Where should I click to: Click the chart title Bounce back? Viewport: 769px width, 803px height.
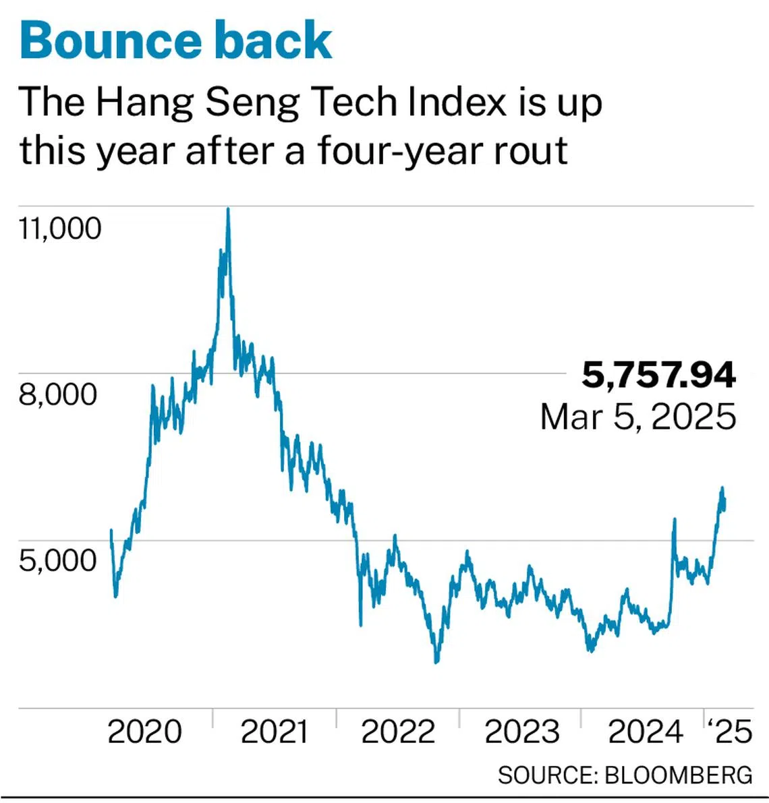[176, 40]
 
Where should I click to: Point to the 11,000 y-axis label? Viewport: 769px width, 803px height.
[60, 229]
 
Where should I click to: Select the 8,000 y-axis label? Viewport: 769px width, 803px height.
[58, 394]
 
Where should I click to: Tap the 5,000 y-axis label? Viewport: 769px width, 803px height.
[58, 560]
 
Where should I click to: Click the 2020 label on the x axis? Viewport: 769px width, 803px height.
[144, 732]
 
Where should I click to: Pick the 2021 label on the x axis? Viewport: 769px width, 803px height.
[274, 732]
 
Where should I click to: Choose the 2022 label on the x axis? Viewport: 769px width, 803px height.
[398, 732]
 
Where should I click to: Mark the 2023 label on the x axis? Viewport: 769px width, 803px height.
[521, 732]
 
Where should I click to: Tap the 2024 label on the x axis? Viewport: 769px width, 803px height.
[645, 732]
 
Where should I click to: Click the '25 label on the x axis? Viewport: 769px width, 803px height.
[729, 732]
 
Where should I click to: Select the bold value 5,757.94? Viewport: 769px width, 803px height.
[658, 375]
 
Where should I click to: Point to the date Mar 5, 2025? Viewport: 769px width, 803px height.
[637, 416]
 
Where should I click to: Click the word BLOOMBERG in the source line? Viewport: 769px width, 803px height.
[678, 775]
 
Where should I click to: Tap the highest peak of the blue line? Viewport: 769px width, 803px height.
[228, 209]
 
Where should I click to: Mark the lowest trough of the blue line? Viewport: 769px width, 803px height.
[436, 662]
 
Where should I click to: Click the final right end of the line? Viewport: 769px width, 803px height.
[724, 503]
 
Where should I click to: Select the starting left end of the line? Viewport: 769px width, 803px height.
[111, 531]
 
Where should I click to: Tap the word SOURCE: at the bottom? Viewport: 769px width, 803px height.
[547, 775]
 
